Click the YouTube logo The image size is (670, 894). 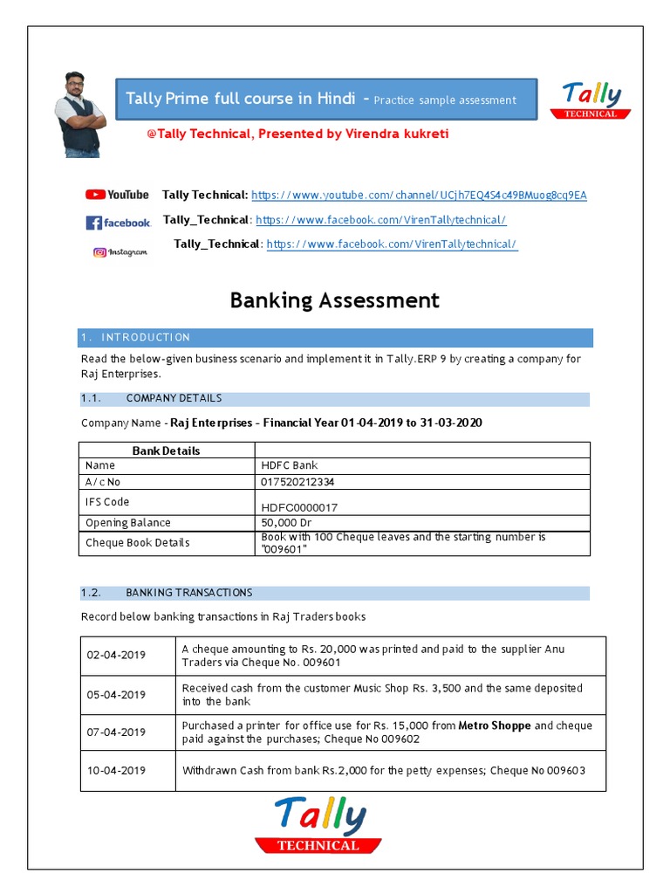(x=117, y=195)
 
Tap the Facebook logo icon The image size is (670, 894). (x=118, y=223)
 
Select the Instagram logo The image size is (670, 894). (x=120, y=252)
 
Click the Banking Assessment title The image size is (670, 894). (x=334, y=300)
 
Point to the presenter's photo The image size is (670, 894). (x=80, y=114)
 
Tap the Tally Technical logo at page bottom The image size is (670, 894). (x=318, y=824)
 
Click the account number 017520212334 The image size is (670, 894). (x=297, y=481)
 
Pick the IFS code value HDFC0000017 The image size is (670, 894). (x=299, y=507)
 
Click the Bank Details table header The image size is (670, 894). (x=166, y=450)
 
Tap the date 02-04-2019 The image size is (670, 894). (x=116, y=656)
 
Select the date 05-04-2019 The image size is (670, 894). (x=116, y=695)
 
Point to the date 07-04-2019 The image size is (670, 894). (x=116, y=732)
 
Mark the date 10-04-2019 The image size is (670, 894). (x=116, y=771)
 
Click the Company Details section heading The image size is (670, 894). (x=174, y=398)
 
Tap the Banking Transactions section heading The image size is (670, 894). (x=188, y=593)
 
